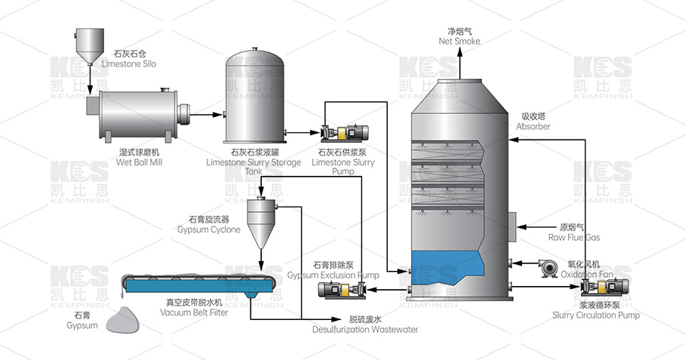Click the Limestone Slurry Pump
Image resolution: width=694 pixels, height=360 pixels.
346,133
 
